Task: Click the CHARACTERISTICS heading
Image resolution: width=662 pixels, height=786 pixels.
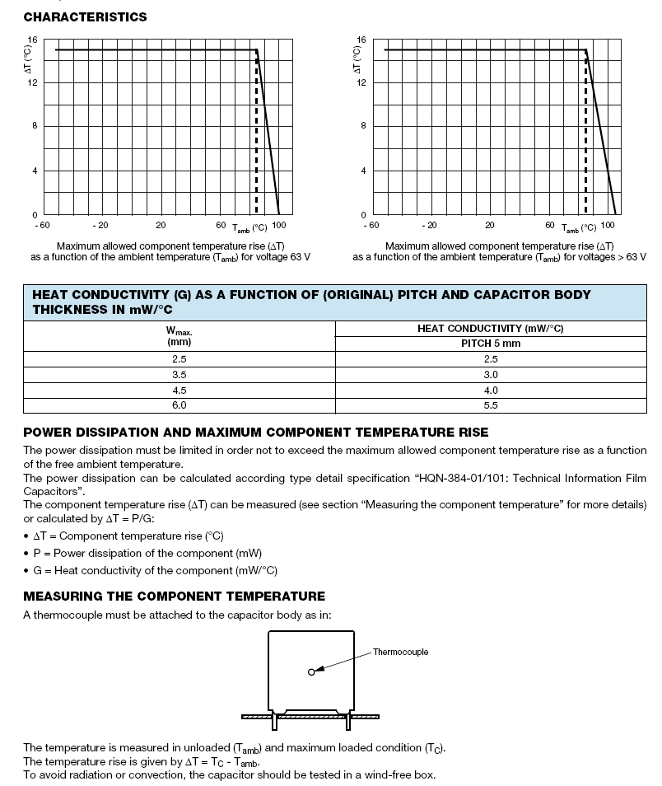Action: pos(85,16)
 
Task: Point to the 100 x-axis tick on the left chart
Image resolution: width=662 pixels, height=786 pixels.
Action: pos(279,225)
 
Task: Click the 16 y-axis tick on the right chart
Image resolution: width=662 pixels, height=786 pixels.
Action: pos(361,40)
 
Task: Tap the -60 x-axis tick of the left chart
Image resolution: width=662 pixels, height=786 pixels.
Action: pos(43,225)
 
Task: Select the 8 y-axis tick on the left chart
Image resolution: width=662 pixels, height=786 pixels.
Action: pos(34,126)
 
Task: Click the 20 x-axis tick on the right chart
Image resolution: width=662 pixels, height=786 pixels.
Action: pos(489,225)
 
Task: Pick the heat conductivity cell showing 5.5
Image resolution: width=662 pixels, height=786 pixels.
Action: pos(491,405)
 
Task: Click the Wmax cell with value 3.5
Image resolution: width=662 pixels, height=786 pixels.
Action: pos(179,374)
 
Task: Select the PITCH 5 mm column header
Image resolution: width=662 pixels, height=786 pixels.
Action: pos(491,344)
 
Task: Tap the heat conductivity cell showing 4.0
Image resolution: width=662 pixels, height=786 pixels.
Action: pos(491,390)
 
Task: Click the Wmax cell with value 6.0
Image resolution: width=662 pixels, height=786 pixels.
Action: pos(179,405)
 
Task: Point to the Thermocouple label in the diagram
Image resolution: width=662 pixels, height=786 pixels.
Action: pos(400,652)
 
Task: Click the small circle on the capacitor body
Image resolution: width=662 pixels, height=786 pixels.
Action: pos(311,672)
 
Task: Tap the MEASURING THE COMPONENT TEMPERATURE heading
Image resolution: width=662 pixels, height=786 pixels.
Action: pos(174,596)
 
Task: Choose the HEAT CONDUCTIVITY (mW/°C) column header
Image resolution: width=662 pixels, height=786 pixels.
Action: pos(491,328)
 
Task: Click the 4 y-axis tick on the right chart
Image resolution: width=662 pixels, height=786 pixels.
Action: pos(363,171)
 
